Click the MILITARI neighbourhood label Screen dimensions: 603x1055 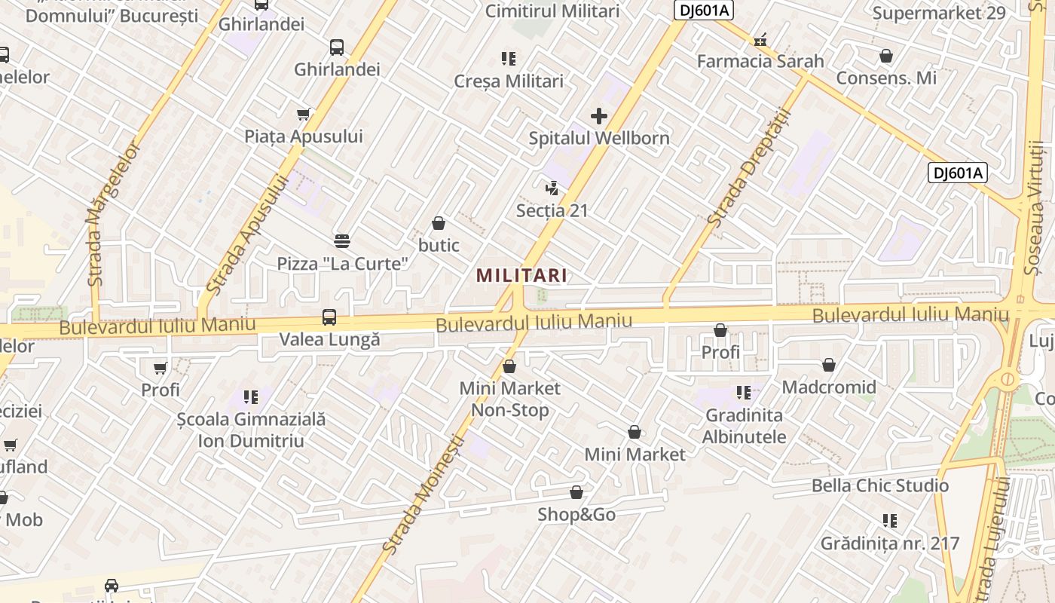tap(521, 275)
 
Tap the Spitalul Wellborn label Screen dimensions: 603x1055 tap(599, 138)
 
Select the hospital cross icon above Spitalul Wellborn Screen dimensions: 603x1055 tap(599, 116)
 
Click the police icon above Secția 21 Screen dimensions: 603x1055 tap(552, 188)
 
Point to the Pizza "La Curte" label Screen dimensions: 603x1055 tap(343, 263)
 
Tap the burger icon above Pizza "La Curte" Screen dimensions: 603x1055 tap(343, 240)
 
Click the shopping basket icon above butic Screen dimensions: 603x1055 tap(439, 223)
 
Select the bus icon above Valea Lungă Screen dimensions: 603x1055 tap(329, 317)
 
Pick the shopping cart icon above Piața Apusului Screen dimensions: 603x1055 tap(304, 115)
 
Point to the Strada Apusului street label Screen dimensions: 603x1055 tap(247, 234)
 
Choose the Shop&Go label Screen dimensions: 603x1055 tap(576, 515)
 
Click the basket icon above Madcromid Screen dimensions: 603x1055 tap(829, 366)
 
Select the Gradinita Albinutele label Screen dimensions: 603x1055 tap(745, 426)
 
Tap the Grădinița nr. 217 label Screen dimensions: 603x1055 tap(890, 543)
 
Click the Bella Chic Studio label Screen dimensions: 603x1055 tap(880, 485)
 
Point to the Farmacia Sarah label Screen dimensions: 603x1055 tap(760, 61)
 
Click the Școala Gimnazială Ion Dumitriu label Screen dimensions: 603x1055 tap(251, 430)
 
